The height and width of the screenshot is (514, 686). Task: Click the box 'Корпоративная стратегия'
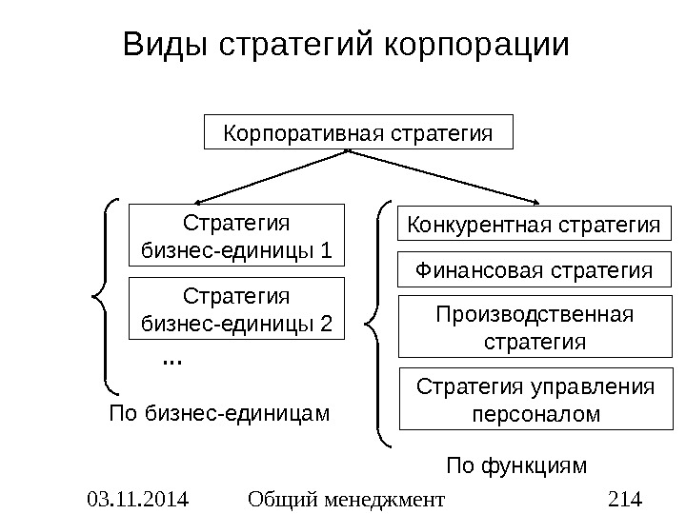358,132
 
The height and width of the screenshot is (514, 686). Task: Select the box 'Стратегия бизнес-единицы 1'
235,234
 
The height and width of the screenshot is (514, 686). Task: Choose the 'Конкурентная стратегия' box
534,226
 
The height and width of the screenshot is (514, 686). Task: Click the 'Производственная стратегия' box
534,326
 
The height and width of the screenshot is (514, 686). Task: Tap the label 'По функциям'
517,465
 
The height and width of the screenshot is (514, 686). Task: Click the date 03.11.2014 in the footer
137,497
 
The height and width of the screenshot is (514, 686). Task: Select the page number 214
625,497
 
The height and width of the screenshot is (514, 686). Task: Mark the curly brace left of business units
107,295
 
